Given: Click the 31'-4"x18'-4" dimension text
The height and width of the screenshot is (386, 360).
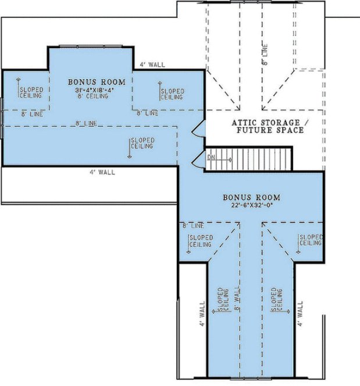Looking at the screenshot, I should pos(90,90).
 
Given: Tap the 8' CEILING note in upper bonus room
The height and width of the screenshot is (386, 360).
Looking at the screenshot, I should pos(90,97).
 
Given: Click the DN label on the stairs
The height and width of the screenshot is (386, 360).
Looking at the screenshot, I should pos(212,157).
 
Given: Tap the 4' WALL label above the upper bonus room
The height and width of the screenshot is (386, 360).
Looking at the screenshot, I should pos(150,65).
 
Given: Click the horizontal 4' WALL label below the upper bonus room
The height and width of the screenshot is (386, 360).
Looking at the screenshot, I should pos(102,172).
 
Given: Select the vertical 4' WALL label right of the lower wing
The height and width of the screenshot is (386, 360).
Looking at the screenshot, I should pos(300,313).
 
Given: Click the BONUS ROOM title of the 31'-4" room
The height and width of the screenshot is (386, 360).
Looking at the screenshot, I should pos(90,83).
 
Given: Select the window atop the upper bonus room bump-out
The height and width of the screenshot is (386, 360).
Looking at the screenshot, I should pos(90,46).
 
